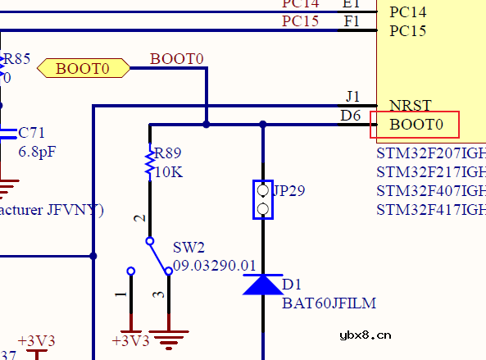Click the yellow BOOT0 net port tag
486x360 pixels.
pos(84,68)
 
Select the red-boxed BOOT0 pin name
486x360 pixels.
pos(416,125)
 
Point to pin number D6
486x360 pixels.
pos(351,116)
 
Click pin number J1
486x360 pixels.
pos(352,97)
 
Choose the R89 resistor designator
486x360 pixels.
pos(168,153)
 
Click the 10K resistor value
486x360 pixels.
pos(168,173)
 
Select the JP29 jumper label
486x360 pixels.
pos(288,191)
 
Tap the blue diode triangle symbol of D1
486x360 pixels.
pos(262,285)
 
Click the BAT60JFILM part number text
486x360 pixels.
pos(329,303)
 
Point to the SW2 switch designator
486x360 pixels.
pos(188,248)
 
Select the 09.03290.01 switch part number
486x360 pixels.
pos(215,266)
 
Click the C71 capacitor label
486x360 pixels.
pos(32,132)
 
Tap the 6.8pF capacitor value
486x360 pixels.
pos(36,152)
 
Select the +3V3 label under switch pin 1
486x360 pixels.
pos(130,340)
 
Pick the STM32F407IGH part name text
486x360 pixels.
pos(430,191)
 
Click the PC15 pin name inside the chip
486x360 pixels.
pos(407,31)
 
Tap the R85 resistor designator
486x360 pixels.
pos(16,59)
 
